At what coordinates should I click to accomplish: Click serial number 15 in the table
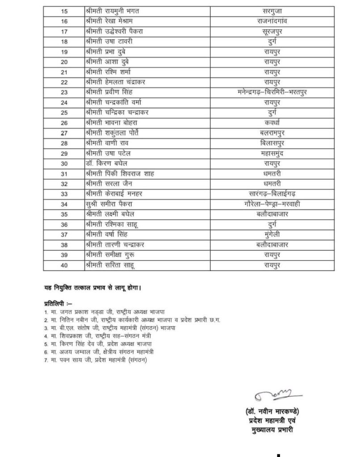tap(64, 12)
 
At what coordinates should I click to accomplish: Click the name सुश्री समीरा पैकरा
tap(109, 204)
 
